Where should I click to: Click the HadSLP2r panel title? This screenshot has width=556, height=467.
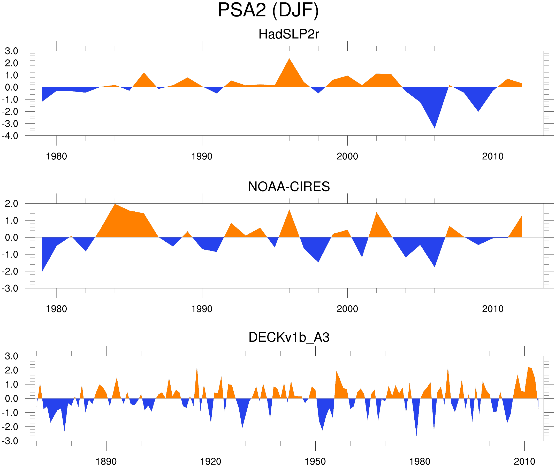[288, 34]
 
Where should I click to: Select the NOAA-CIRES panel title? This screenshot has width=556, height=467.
[288, 187]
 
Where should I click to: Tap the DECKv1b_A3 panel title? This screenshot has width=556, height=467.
[288, 338]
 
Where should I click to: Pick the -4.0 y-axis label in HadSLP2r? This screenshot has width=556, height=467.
[10, 136]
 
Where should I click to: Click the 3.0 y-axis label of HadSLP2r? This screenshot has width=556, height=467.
[12, 51]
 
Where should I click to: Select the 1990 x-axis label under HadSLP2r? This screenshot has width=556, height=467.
[202, 156]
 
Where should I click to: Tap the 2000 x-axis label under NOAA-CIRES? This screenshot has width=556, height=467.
[347, 309]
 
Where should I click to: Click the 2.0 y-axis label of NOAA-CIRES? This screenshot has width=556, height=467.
[12, 204]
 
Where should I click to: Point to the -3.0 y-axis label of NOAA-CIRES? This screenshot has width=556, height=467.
[10, 289]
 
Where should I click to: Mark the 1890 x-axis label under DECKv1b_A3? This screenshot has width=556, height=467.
[106, 462]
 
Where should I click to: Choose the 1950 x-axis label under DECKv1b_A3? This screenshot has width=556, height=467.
[315, 462]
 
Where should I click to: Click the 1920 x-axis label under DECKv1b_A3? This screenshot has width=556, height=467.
[210, 462]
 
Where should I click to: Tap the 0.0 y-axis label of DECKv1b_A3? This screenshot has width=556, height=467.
[12, 399]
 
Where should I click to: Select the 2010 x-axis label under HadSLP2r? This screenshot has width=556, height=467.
[492, 156]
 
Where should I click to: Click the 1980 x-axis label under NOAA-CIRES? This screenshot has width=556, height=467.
[56, 309]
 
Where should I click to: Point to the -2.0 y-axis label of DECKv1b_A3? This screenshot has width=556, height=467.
[10, 427]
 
